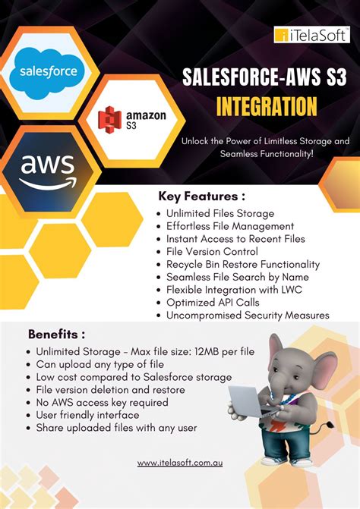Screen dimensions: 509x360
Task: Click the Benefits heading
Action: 56,334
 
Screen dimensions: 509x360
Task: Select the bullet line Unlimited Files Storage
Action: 220,214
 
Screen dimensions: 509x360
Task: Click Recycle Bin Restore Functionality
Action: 243,265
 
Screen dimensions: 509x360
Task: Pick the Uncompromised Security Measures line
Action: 248,315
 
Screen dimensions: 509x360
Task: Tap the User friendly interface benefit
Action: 87,415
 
